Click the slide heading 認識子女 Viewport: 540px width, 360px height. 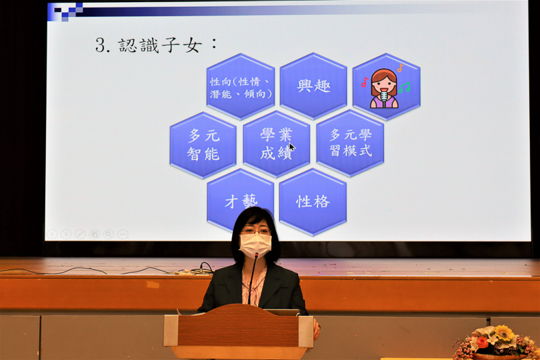point(160,45)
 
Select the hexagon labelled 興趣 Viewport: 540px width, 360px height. point(313,86)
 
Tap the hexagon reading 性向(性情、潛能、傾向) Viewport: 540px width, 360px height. point(240,86)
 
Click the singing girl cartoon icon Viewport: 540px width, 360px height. point(383,88)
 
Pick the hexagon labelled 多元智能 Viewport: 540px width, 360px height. point(203,145)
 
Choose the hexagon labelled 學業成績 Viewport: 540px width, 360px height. point(276,144)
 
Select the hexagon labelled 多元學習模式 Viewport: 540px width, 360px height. point(350,143)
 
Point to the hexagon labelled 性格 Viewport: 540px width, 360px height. point(313,202)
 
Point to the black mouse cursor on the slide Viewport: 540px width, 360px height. point(292,147)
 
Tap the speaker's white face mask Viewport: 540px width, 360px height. point(255,245)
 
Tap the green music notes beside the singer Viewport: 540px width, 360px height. point(404,88)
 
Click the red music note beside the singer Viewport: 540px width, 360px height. point(364,82)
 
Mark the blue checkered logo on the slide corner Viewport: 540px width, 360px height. point(65,11)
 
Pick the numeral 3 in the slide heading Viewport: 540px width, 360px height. point(100,45)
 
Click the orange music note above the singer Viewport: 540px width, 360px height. point(400,68)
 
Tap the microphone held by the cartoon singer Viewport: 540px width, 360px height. point(384,98)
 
